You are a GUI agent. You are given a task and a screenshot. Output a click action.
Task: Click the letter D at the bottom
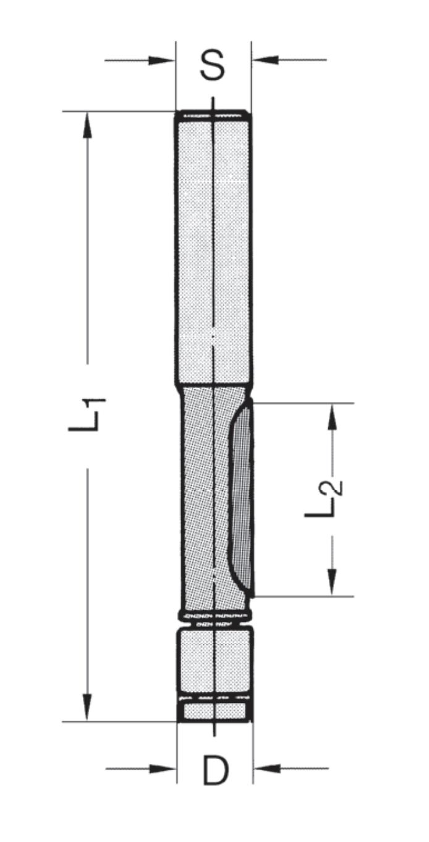tap(216, 770)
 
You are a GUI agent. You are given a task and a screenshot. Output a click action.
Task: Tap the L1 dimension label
tap(87, 414)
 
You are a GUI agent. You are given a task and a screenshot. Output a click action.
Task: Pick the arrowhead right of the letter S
tap(265, 60)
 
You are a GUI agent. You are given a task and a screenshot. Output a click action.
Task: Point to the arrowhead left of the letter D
tap(163, 768)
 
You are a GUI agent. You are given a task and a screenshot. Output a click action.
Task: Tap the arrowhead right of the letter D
tap(267, 768)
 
